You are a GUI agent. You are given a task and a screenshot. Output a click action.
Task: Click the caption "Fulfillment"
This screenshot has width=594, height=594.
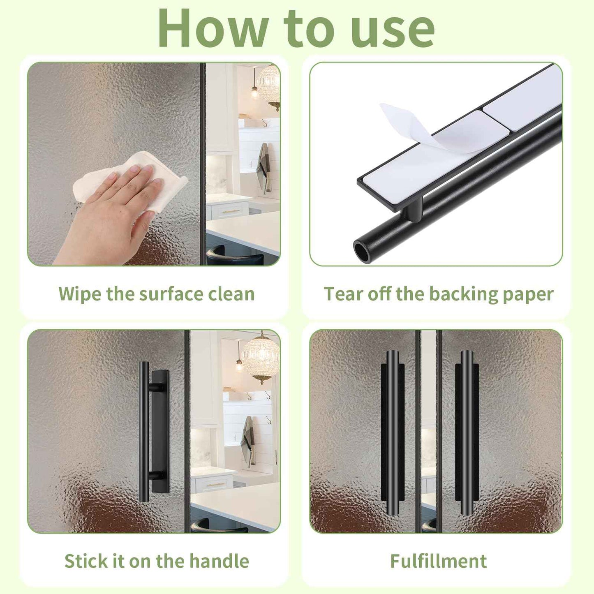click(x=438, y=561)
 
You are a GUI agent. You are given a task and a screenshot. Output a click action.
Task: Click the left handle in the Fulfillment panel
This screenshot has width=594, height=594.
click(x=393, y=432)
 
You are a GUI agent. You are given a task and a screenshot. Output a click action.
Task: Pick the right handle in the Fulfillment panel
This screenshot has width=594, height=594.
click(x=467, y=432)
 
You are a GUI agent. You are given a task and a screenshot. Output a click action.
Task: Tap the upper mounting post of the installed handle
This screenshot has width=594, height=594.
click(x=156, y=388)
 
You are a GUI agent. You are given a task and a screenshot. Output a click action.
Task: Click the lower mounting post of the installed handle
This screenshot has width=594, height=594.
click(x=156, y=476)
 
